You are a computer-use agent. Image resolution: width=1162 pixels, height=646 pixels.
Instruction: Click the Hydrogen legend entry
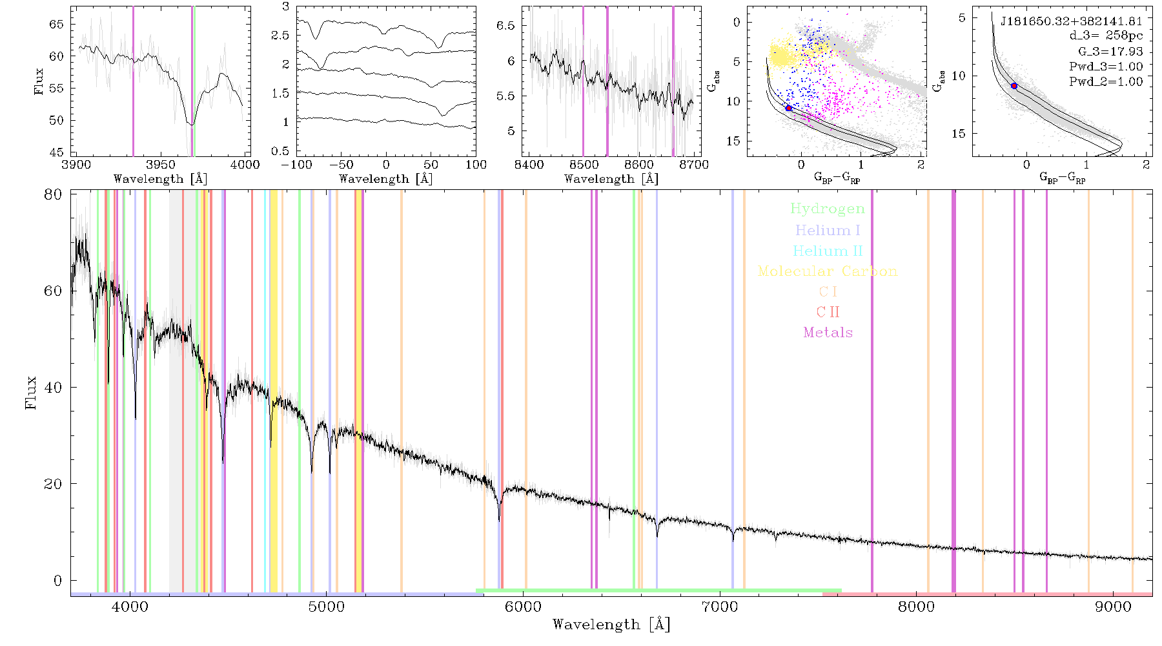[828, 209]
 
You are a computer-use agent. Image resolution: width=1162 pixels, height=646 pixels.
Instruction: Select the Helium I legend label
[828, 230]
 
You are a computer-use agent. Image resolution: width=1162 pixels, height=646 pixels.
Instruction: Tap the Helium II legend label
[828, 251]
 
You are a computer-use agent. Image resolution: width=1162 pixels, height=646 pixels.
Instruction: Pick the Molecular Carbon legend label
[828, 271]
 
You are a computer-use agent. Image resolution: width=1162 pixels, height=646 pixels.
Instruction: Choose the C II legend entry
[828, 312]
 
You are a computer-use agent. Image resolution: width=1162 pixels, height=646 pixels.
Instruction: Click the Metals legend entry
[828, 333]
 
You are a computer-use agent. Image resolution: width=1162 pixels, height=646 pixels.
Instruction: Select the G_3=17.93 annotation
[1110, 51]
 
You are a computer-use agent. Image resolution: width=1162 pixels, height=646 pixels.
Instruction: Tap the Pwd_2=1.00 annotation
[1106, 81]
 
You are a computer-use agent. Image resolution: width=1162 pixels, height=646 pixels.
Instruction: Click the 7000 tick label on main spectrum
[719, 607]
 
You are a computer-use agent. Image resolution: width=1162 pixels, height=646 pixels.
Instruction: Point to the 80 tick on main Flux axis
[53, 194]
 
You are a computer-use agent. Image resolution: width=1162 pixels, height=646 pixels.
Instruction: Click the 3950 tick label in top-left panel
[161, 164]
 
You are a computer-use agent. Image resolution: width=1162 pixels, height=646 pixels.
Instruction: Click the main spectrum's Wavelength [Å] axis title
[611, 625]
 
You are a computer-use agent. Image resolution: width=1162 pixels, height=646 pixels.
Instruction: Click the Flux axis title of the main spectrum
[30, 393]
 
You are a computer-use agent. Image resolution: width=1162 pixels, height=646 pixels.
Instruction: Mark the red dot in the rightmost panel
[1014, 86]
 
